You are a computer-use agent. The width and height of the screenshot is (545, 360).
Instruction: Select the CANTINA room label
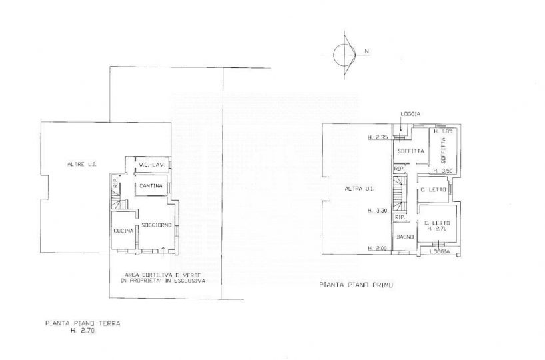151,185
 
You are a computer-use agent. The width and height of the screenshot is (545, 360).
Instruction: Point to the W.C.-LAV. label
151,165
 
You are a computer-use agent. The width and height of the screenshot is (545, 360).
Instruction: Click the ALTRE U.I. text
79,164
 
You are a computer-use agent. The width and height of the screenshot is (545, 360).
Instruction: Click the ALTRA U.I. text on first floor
358,189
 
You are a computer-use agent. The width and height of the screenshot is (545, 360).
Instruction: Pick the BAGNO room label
404,237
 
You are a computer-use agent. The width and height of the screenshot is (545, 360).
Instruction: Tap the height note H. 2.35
377,138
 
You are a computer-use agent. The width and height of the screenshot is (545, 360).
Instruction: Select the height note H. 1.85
444,132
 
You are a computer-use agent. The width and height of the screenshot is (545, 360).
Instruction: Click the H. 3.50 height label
444,171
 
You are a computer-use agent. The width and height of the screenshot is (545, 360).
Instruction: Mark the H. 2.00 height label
377,249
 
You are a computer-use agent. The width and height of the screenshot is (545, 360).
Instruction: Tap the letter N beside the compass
366,51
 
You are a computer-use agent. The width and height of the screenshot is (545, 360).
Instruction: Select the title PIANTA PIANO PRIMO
356,285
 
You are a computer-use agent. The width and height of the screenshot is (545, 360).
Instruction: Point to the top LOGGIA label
410,114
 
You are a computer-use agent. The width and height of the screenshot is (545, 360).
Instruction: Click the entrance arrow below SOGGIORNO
164,250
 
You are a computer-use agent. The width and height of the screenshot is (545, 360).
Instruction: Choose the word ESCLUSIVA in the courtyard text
189,281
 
